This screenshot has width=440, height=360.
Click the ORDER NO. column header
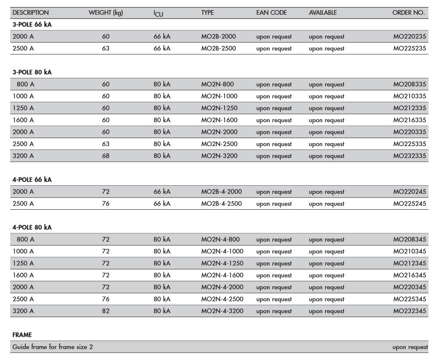(408, 13)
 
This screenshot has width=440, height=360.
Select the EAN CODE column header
(271, 13)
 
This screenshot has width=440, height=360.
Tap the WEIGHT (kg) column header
(106, 13)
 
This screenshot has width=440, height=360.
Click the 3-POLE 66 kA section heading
(32, 24)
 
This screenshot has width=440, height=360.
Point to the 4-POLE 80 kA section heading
(32, 227)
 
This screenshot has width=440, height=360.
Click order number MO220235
(410, 37)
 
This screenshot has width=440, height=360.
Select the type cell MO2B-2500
(219, 48)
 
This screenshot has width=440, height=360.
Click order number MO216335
(410, 120)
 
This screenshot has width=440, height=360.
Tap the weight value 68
(105, 156)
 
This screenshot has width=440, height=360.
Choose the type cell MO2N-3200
(220, 156)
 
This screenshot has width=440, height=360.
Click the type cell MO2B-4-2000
(222, 192)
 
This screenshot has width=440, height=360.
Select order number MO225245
(410, 204)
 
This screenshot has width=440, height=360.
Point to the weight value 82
(105, 311)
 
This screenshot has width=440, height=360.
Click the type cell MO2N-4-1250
(222, 264)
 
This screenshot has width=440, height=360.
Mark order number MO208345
(410, 240)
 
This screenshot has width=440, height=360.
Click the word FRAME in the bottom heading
(22, 335)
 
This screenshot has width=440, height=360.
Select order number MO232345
(410, 311)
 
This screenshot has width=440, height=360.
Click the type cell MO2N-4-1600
(222, 275)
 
